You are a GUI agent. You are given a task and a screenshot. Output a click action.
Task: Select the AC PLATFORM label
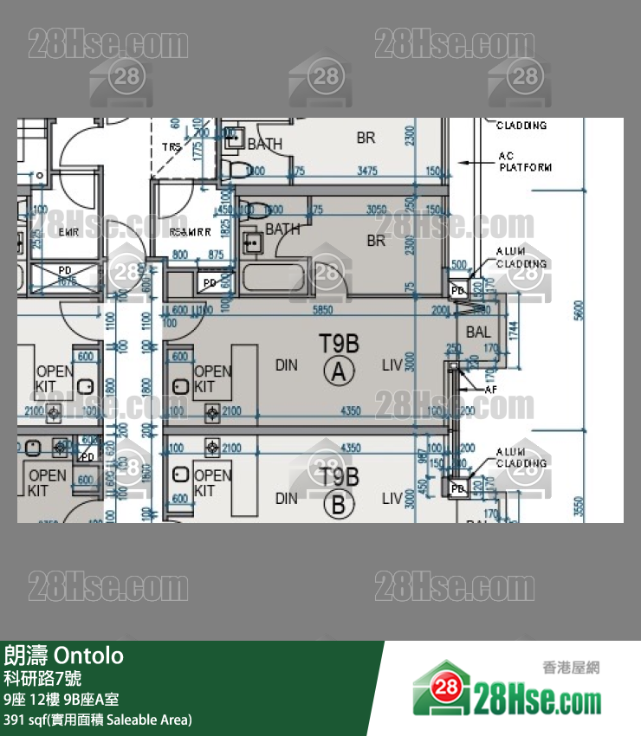(525, 162)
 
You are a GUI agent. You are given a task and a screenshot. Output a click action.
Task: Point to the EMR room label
(68, 232)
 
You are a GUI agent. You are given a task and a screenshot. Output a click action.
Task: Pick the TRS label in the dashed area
(172, 147)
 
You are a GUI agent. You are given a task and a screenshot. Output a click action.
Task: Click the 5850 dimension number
(322, 309)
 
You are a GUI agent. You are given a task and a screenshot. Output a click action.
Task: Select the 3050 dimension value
(376, 210)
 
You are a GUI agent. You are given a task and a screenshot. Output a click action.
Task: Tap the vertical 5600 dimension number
(579, 309)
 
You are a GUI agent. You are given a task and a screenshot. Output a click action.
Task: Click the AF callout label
(490, 391)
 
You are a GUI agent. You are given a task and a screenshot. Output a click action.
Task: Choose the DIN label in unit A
(286, 365)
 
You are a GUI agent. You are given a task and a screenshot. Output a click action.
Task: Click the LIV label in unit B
(392, 498)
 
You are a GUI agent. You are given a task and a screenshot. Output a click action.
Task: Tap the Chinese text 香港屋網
(571, 668)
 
